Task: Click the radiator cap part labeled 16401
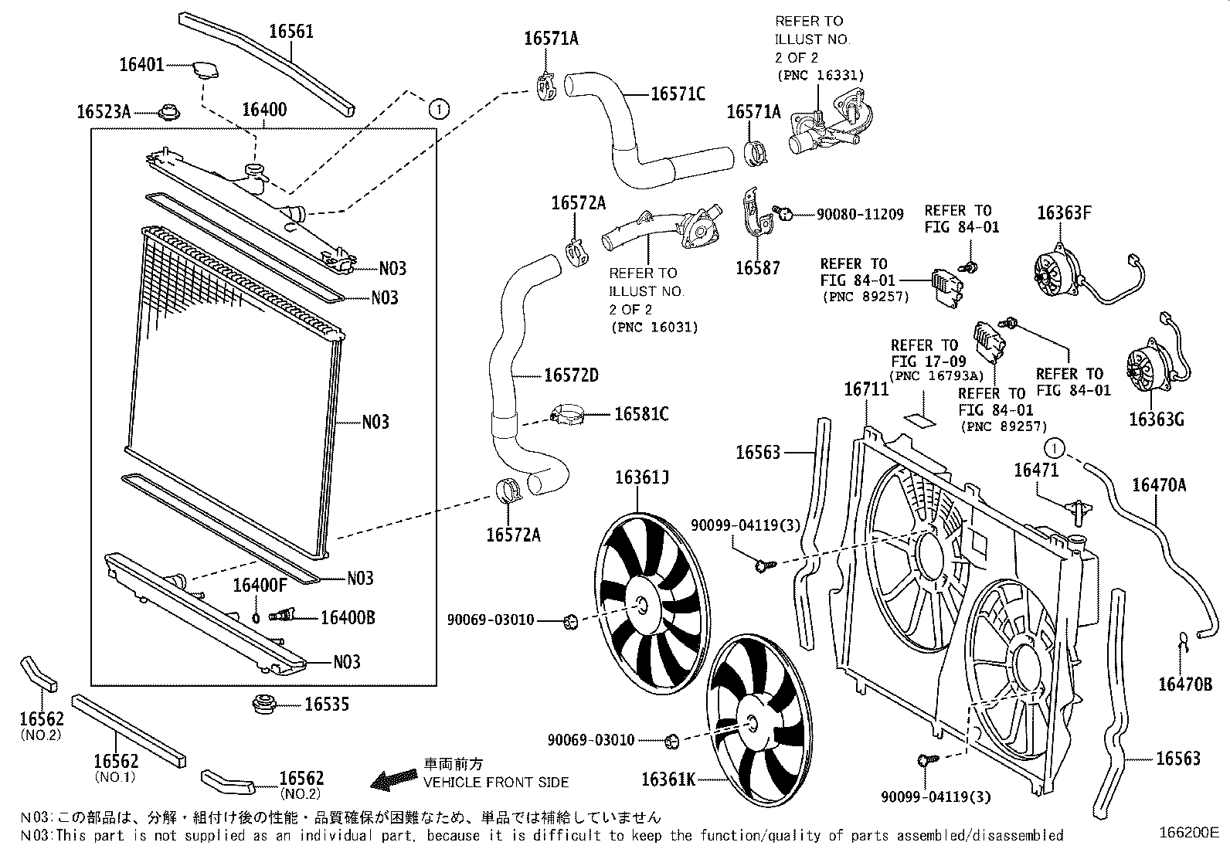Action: tap(202, 68)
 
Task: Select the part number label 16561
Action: tap(291, 32)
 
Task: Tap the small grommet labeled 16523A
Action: tap(168, 113)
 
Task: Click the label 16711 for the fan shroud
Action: tap(866, 389)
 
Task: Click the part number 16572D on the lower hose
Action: tap(571, 375)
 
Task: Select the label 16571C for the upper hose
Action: tap(678, 94)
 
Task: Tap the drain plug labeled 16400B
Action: tap(281, 616)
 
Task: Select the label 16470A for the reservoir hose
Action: tap(1158, 485)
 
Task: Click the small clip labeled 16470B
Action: tap(1182, 638)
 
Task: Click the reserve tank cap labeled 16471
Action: tap(1078, 510)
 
